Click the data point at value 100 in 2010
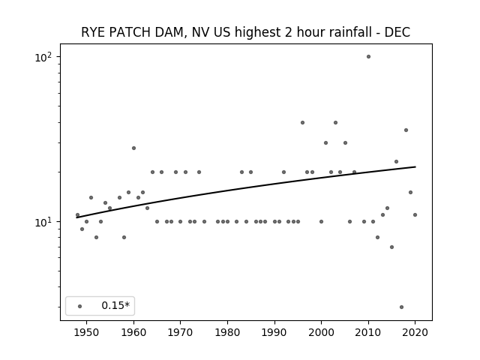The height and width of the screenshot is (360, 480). (368, 57)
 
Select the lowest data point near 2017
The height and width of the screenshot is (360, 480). (402, 307)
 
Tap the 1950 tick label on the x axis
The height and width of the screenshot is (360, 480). (87, 332)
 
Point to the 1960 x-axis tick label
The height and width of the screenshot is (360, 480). (133, 332)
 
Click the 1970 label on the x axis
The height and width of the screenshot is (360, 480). (180, 332)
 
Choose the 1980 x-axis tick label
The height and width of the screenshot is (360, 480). (227, 332)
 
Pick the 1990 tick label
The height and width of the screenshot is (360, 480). (274, 332)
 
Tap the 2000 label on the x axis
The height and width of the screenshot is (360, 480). (322, 332)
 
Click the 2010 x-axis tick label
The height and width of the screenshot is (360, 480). (368, 332)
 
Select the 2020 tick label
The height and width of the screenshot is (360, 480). (415, 332)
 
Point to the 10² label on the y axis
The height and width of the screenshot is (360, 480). (43, 57)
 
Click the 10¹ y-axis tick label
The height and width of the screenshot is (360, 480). (43, 222)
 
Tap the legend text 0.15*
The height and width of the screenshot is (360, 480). (115, 305)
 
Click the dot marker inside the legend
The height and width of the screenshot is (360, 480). (80, 306)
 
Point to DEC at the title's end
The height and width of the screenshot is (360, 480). (397, 32)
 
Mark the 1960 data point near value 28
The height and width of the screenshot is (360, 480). (133, 148)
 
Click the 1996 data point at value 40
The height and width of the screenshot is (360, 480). (302, 123)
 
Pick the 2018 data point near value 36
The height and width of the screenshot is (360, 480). (406, 130)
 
